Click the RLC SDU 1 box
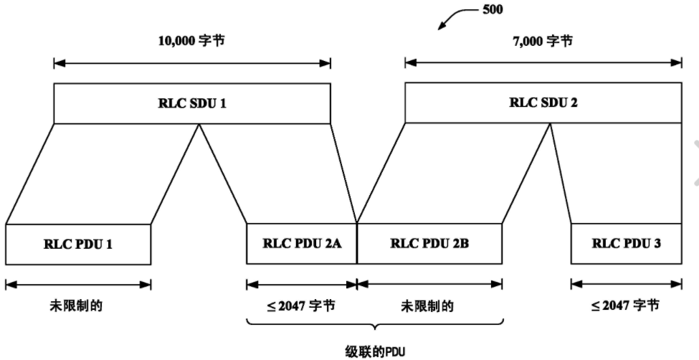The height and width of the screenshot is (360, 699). click(192, 103)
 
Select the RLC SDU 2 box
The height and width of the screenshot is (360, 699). click(543, 103)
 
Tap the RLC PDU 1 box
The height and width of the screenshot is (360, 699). click(78, 244)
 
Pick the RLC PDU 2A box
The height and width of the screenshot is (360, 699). click(301, 243)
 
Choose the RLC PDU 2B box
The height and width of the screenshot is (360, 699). click(429, 243)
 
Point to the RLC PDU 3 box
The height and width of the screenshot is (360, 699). click(626, 243)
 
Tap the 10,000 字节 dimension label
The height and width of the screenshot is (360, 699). click(192, 41)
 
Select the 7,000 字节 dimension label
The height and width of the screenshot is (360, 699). click(543, 41)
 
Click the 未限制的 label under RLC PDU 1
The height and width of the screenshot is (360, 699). click(78, 305)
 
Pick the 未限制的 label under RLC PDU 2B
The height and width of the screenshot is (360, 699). click(429, 305)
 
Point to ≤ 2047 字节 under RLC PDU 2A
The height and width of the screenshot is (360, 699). click(301, 305)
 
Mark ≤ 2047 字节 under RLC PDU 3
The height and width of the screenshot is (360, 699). click(626, 305)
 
